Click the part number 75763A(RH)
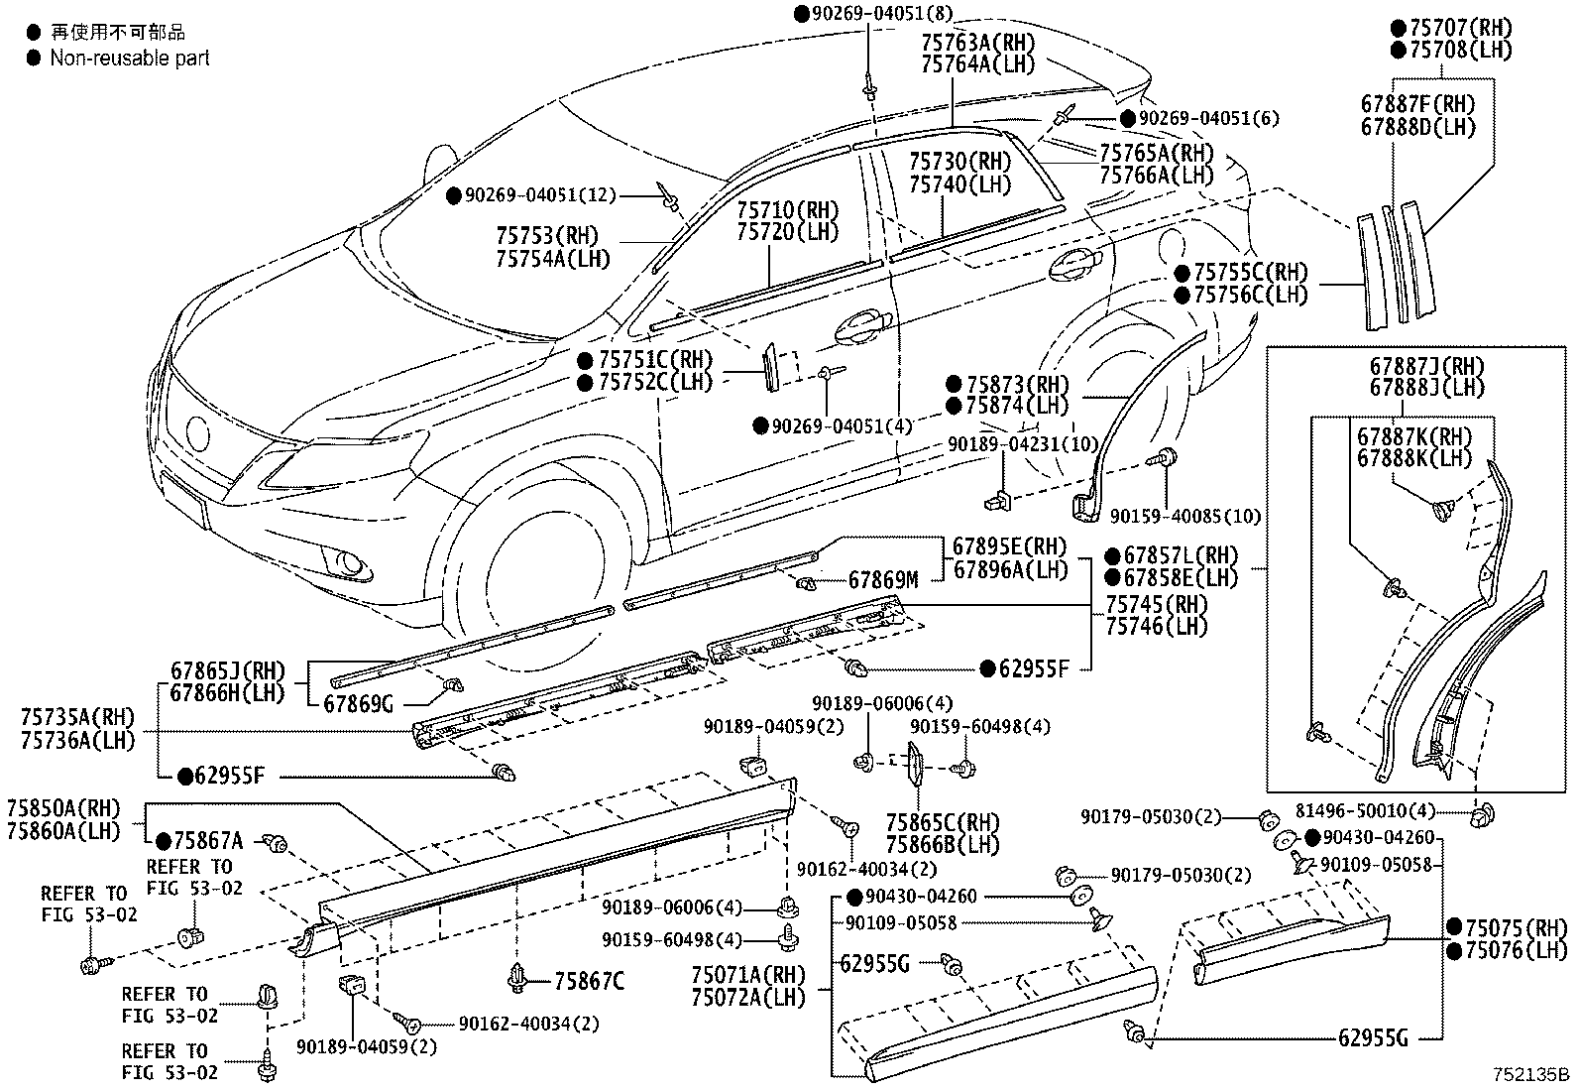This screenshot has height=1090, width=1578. (x=977, y=43)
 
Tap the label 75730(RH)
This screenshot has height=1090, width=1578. (x=959, y=162)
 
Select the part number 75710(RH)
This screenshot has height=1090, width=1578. (x=788, y=210)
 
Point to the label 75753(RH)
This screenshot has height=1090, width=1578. (x=547, y=235)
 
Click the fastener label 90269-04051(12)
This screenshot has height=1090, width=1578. (x=540, y=195)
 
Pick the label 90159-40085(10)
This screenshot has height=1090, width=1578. (x=1185, y=517)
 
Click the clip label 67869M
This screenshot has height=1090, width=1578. (x=883, y=580)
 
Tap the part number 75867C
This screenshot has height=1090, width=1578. (x=589, y=981)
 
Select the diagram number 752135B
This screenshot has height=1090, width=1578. (x=1530, y=1074)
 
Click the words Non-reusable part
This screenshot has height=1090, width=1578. (x=130, y=58)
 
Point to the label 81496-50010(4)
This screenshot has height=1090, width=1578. (x=1365, y=811)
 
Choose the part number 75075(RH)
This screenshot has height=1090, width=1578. (x=1517, y=928)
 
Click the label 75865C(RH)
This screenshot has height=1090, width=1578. (x=943, y=823)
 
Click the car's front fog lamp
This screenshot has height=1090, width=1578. (x=350, y=563)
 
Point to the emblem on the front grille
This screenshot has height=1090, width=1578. (x=198, y=432)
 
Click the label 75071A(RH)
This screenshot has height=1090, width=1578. (x=748, y=975)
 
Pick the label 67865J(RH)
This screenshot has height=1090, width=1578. (x=228, y=670)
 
